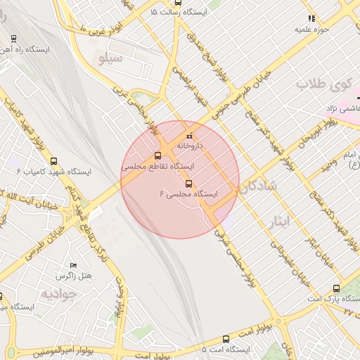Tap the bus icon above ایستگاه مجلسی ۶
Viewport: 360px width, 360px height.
[x=188, y=184]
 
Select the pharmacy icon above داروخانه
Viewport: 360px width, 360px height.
[x=188, y=136]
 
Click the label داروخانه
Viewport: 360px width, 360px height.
[x=189, y=146]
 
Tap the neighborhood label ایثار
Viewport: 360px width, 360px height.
[x=280, y=223]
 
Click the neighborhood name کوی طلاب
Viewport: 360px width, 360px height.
[x=323, y=84]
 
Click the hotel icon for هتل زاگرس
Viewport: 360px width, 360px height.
[x=73, y=265]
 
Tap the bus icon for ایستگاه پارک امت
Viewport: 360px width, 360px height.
[x=335, y=288]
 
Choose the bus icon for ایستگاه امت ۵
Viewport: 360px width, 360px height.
[x=225, y=339]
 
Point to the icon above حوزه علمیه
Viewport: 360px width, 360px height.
[x=311, y=18]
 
